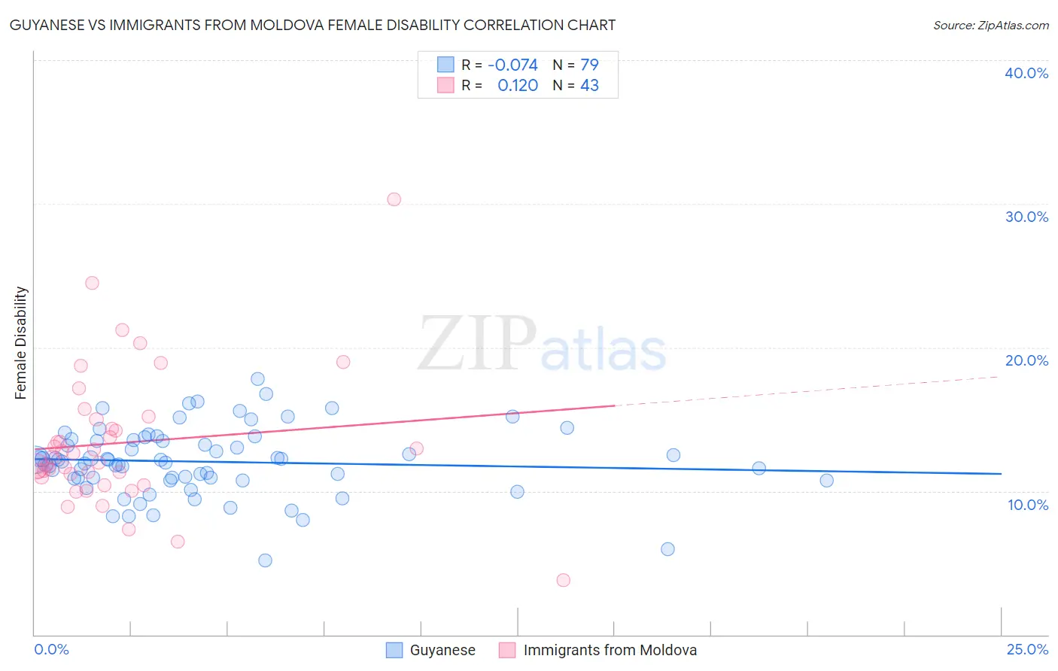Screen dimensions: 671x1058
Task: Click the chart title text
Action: point(312,25)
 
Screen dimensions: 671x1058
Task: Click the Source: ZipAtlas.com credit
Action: point(990,25)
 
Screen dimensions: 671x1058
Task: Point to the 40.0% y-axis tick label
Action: point(1026,73)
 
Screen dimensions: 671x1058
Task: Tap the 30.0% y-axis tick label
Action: point(1026,217)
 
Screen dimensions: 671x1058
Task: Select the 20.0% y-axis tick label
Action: point(1026,360)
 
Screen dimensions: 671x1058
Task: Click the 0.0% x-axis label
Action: point(51,649)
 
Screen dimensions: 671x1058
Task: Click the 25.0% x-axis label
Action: point(1026,649)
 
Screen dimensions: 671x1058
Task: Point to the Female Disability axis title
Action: point(21,342)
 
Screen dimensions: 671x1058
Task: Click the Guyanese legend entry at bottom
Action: point(442,650)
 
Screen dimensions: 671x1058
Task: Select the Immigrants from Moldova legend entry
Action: point(610,650)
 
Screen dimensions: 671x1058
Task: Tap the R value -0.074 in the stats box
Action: point(512,65)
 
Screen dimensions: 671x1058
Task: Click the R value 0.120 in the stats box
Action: point(518,86)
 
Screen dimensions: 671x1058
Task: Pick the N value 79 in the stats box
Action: point(589,65)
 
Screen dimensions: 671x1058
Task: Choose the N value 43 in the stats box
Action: point(589,86)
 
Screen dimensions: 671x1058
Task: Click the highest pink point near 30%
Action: point(394,199)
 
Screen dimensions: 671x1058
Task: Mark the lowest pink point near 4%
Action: point(563,580)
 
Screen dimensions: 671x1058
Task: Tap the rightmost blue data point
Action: point(826,481)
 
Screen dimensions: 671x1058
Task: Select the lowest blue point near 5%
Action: point(265,560)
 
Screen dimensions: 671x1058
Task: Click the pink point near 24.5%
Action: point(92,283)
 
